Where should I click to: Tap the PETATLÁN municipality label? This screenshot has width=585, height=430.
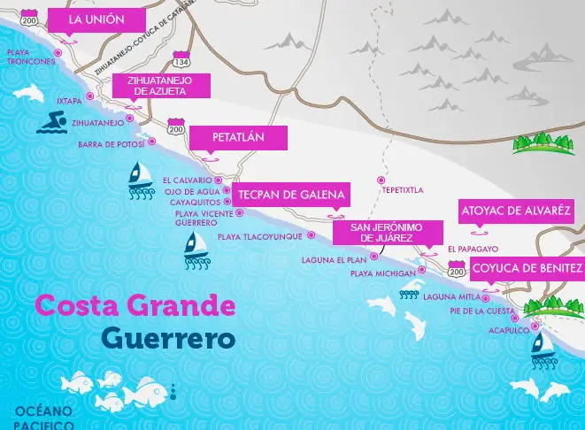pyautogui.click(x=237, y=138)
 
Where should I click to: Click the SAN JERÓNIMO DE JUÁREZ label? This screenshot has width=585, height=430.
pyautogui.click(x=387, y=233)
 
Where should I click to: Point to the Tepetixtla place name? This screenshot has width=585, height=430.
pyautogui.click(x=403, y=189)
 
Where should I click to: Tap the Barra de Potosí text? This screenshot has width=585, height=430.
pyautogui.click(x=112, y=144)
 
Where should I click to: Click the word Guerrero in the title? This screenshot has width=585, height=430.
pyautogui.click(x=167, y=338)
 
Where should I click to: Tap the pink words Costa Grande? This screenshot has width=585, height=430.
pyautogui.click(x=135, y=306)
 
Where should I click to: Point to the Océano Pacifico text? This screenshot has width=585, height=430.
pyautogui.click(x=43, y=418)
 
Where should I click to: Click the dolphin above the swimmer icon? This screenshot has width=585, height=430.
pyautogui.click(x=31, y=93)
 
